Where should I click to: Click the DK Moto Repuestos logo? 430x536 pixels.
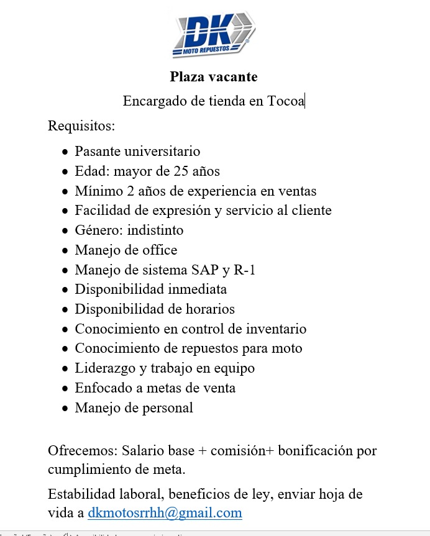(x=214, y=34)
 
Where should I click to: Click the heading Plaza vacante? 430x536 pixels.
(x=214, y=77)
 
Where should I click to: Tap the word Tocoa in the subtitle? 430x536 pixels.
(x=285, y=101)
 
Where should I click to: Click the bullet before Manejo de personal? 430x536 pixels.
(x=66, y=409)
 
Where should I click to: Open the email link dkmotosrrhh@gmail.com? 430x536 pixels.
(x=165, y=513)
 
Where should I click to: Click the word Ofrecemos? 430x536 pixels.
(x=81, y=450)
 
